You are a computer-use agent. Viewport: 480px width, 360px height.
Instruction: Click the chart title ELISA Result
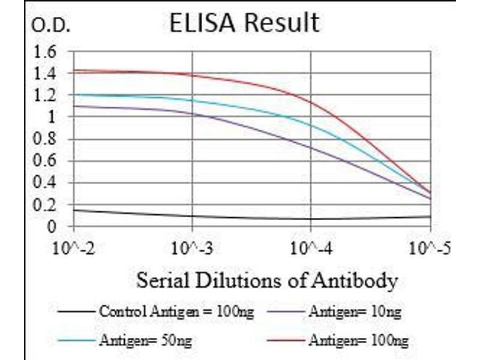[244, 23]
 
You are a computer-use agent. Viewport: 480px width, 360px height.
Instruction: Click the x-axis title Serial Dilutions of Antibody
[267, 280]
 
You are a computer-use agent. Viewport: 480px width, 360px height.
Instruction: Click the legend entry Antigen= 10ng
[355, 311]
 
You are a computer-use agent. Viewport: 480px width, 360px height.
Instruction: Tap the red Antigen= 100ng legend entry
[358, 340]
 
